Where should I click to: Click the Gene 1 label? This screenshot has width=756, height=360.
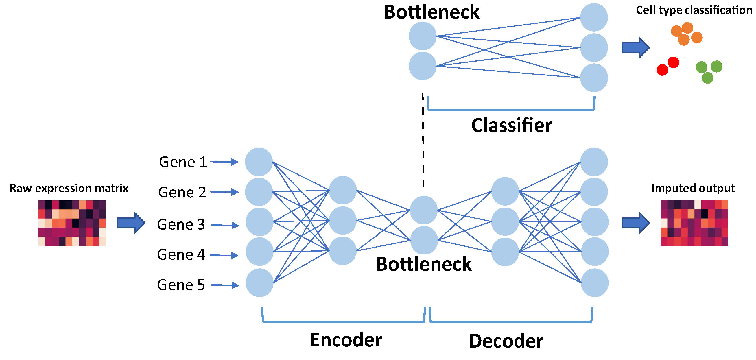[183, 162]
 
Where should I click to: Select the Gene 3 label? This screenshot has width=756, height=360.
[181, 224]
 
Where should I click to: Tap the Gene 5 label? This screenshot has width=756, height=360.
[181, 285]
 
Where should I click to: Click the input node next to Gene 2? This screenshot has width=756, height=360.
[259, 192]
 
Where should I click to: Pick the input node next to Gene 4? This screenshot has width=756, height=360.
[259, 252]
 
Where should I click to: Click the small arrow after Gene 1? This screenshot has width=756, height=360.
[224, 162]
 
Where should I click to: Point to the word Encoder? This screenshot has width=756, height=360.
[346, 340]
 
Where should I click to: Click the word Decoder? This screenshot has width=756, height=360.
[506, 341]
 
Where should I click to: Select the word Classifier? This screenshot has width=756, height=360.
[512, 125]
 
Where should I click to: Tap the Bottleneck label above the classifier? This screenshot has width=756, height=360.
[432, 12]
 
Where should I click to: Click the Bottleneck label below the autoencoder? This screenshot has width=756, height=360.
[423, 264]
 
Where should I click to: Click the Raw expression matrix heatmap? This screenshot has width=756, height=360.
[72, 223]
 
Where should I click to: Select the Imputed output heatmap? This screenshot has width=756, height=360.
[694, 223]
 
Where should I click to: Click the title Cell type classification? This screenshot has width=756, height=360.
[694, 10]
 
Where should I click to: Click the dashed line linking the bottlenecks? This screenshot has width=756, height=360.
[423, 141]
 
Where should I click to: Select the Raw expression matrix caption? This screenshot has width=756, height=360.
[69, 188]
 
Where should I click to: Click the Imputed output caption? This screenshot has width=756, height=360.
[693, 188]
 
